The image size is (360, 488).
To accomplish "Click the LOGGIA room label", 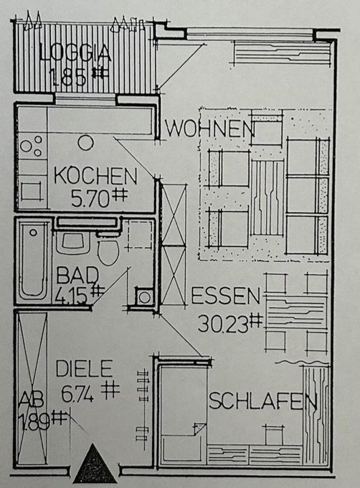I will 75,52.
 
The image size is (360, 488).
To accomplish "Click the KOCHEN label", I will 95,176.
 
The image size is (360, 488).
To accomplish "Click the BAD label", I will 73,274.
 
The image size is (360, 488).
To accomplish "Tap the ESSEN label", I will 224,295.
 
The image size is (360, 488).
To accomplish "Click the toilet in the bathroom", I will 108,251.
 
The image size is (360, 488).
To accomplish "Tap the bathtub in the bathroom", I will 34,260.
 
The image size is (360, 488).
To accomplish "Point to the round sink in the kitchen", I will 85,142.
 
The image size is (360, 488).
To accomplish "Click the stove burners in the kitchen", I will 31,146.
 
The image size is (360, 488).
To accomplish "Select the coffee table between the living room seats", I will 267,196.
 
